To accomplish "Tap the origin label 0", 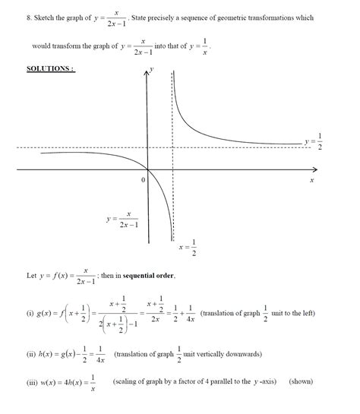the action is pos(142,181).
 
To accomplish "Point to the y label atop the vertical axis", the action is pos(153,69).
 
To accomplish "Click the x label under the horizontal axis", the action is pos(311,182).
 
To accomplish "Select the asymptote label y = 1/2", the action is pos(314,141).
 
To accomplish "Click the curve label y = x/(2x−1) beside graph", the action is pos(122,220).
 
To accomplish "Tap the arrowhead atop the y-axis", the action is pos(147,71).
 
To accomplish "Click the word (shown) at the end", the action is pos(301,381).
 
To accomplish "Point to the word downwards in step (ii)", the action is pos(242,354).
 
